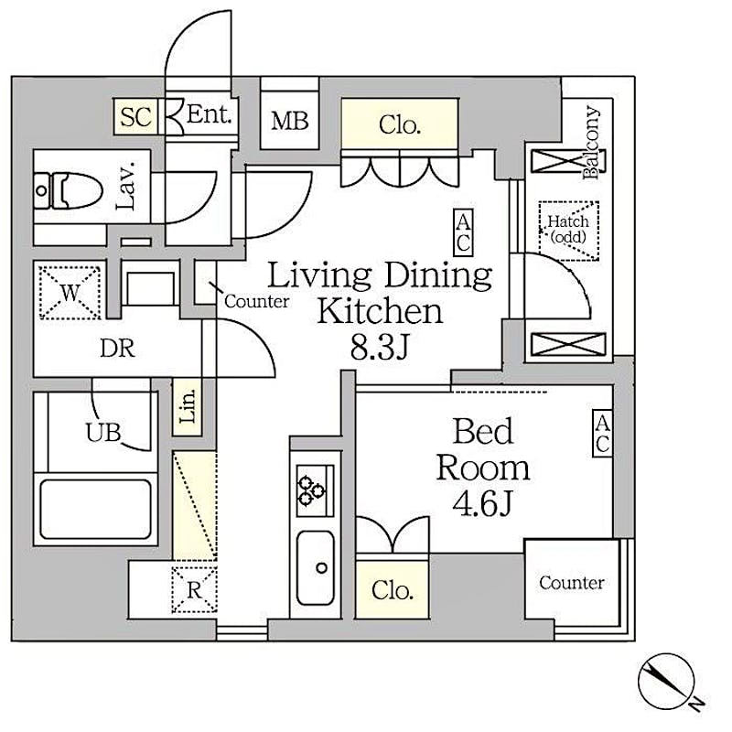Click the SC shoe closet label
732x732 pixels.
[x=135, y=116]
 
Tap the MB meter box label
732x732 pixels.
[x=290, y=121]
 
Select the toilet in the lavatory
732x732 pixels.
[x=70, y=190]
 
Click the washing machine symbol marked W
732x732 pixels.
[x=70, y=293]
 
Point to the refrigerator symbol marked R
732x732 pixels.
[x=194, y=589]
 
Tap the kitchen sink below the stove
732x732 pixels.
[x=316, y=567]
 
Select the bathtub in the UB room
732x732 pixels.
[x=96, y=510]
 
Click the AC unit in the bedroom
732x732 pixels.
[x=602, y=433]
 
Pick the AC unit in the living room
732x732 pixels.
[x=463, y=232]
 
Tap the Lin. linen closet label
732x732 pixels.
[x=188, y=406]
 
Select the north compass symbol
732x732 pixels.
[x=667, y=681]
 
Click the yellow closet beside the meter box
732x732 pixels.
[x=400, y=124]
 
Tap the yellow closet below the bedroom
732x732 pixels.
[x=393, y=590]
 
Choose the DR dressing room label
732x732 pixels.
[x=117, y=349]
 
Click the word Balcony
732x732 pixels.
[x=591, y=143]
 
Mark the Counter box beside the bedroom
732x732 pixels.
[x=573, y=583]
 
